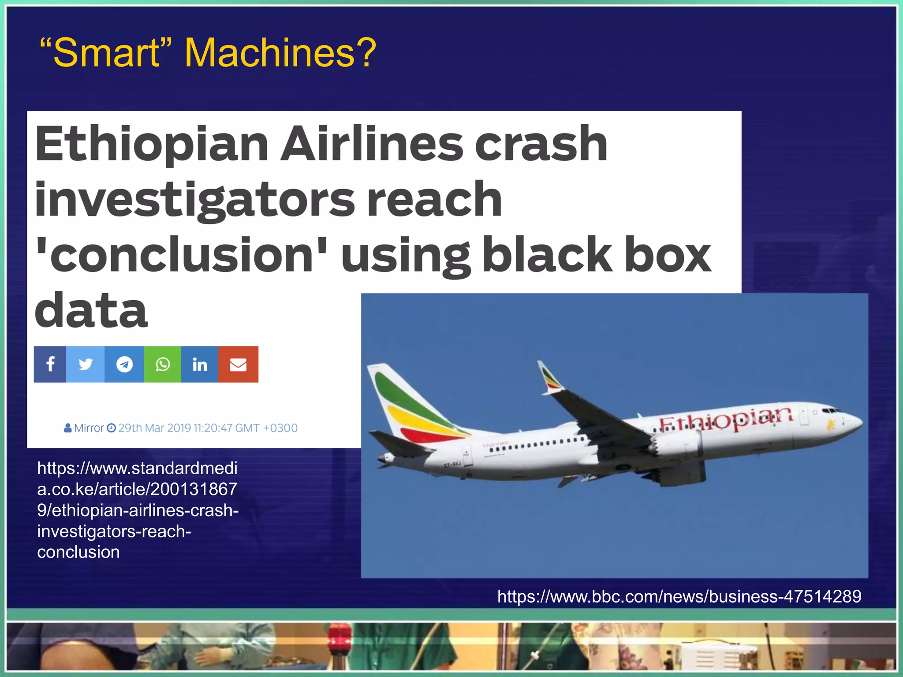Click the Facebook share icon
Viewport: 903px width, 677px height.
coord(50,364)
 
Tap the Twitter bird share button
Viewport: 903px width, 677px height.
coord(86,364)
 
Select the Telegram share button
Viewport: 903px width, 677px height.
coord(124,364)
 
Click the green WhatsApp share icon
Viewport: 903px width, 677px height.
coord(163,364)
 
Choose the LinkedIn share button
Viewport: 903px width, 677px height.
coord(200,364)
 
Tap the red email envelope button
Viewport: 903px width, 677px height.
coord(238,364)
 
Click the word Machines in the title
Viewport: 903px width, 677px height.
coord(280,53)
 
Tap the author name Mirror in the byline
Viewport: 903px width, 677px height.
coord(89,428)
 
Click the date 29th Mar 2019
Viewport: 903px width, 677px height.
coord(148,428)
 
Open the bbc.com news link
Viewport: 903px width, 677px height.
coord(679,596)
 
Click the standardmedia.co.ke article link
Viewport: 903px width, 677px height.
coord(138,510)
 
